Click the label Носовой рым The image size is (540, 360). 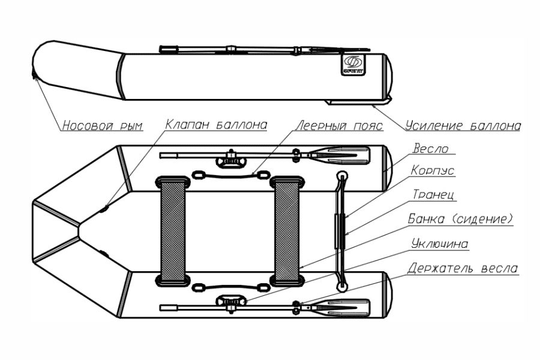(x=101, y=126)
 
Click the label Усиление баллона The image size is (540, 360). (x=462, y=126)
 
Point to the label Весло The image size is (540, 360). (x=431, y=148)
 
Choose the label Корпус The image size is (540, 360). (x=433, y=171)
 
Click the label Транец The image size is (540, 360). (x=432, y=195)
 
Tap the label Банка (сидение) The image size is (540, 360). (x=461, y=219)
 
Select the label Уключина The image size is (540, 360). (x=439, y=244)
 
